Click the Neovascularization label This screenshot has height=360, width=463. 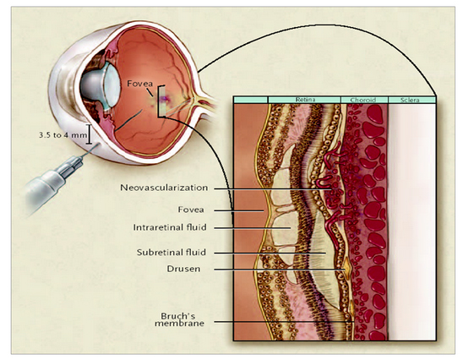coord(164,188)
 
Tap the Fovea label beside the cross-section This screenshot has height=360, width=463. coord(191,210)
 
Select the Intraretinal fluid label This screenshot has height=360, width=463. coord(170,227)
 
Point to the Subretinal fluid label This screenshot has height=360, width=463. coord(172,253)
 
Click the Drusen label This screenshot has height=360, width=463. coord(183,269)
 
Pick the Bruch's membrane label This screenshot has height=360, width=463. coord(179,319)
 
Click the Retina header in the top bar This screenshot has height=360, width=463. coord(305,100)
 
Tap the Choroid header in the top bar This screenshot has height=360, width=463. coord(363,100)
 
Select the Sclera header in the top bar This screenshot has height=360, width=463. coord(410,100)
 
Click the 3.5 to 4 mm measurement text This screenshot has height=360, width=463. coord(63,135)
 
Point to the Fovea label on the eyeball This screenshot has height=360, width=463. coord(140,84)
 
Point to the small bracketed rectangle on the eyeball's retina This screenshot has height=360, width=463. coord(161,101)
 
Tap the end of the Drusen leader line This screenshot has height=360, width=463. coord(345,270)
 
